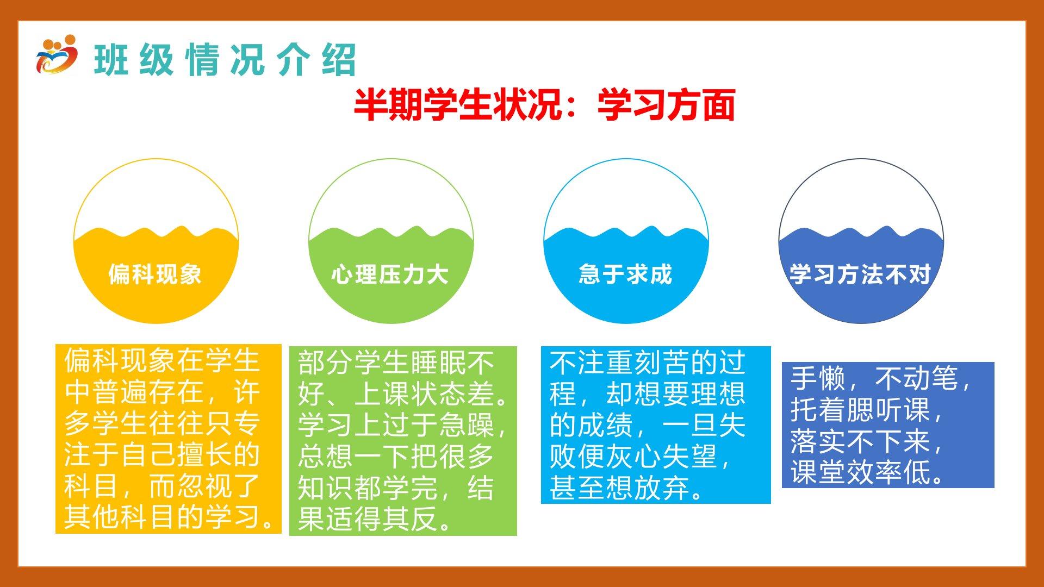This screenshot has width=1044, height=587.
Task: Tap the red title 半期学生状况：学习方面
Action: pos(544,104)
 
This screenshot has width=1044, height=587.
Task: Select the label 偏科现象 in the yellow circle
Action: pos(155,274)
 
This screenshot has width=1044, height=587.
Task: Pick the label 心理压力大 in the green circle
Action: pos(390,274)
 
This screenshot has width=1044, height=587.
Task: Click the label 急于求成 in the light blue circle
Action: pos(625,274)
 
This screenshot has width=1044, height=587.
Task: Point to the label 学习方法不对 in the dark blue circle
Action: pos(861,274)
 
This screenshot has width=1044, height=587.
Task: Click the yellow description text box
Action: pos(169,439)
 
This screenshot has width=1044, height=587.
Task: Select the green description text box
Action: pos(403,441)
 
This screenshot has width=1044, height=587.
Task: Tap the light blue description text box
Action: pos(656,425)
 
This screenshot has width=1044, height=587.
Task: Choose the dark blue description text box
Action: pos(888,425)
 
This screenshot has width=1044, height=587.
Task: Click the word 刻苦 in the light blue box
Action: pos(662,363)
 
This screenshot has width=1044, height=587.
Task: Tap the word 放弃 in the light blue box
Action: pos(662,488)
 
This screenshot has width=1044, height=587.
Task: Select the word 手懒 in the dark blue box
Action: pos(818,378)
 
